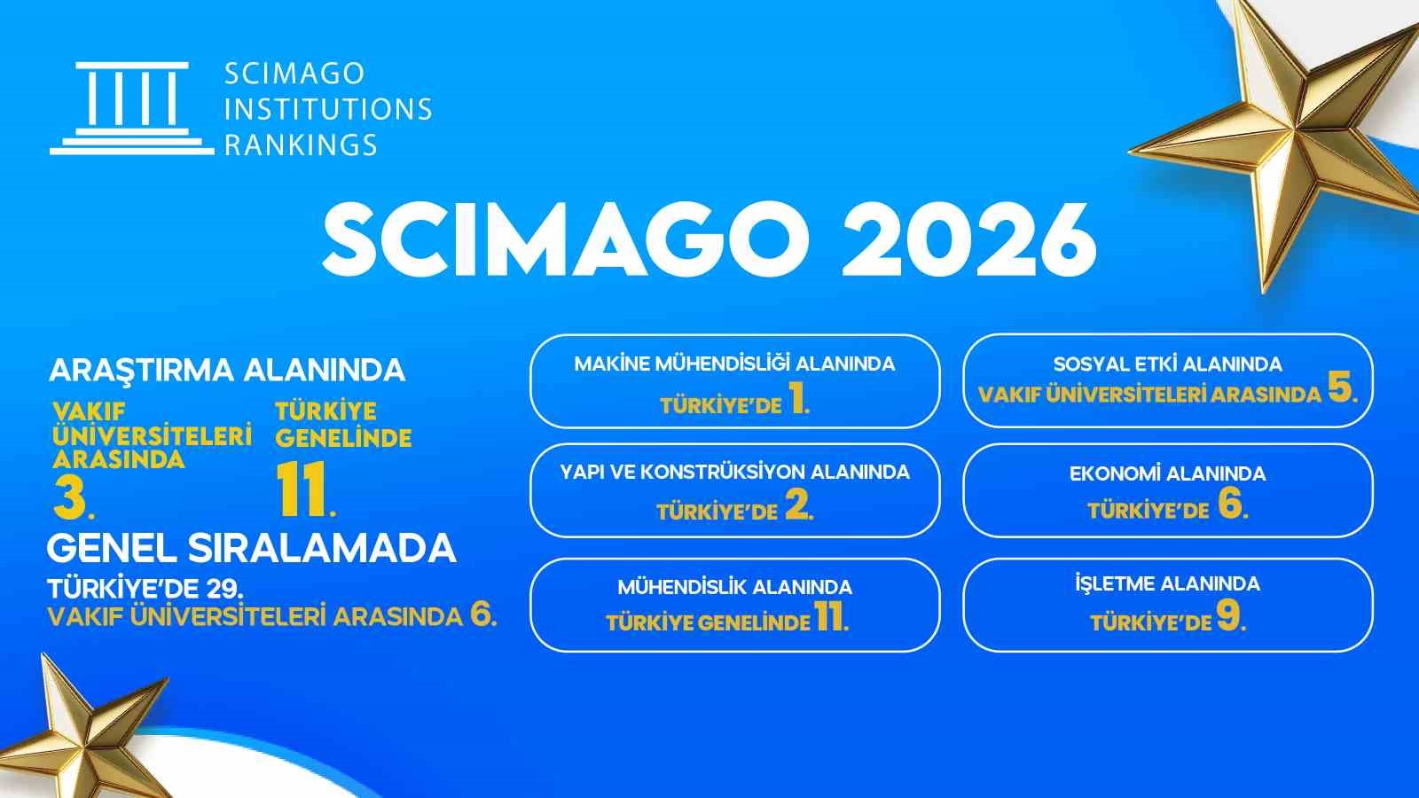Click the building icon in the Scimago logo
(x=132, y=108)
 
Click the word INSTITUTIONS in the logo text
(x=328, y=109)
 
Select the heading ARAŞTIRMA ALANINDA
(x=227, y=370)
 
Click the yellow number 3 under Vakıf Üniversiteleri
(x=69, y=499)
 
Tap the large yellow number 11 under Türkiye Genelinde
(x=300, y=490)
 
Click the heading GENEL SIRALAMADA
(x=251, y=549)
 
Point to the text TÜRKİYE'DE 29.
(x=145, y=588)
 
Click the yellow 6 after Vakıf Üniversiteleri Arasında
(x=482, y=614)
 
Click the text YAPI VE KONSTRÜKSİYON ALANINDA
(x=734, y=472)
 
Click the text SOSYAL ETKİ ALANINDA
(x=1167, y=364)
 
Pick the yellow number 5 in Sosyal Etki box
(x=1339, y=389)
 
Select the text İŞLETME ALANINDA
(x=1167, y=583)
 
